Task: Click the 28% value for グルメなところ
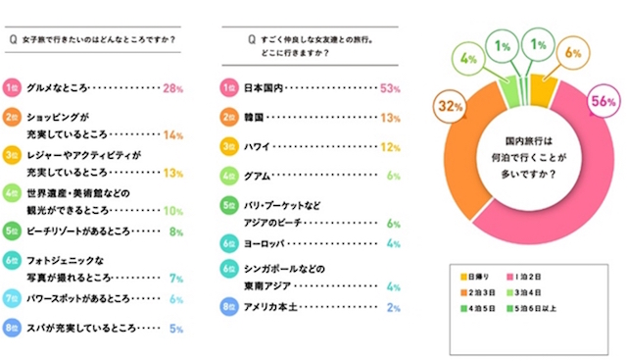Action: pos(173,88)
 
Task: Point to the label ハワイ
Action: pos(258,146)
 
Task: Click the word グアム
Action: pos(258,175)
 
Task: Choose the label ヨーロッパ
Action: pos(265,241)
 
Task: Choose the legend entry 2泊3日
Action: pos(473,289)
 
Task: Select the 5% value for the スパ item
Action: pos(176,330)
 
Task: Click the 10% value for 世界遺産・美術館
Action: pos(172,210)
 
